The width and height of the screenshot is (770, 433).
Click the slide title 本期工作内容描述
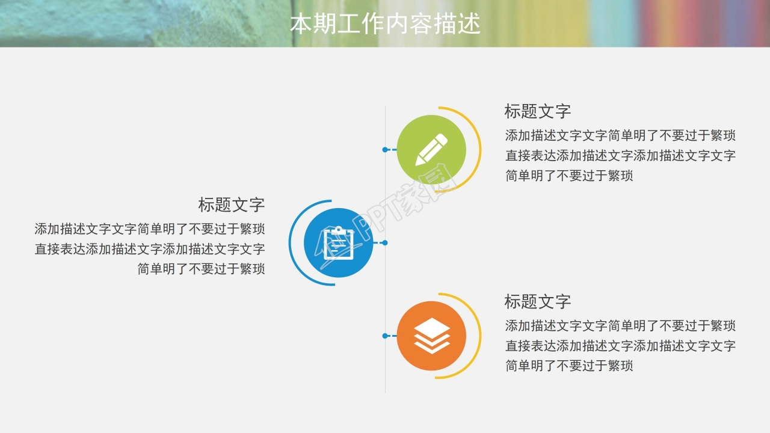coord(385,24)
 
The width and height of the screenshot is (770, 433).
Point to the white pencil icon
coord(432,149)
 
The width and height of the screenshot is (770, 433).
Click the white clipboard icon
coord(338,243)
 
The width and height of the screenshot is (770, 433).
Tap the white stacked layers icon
coord(432,336)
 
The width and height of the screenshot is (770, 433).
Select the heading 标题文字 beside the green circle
coord(537,111)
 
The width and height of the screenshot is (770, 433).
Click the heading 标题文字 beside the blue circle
coord(232,204)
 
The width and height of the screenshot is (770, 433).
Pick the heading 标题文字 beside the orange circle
coord(537,301)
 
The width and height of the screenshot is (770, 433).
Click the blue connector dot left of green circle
coord(385,149)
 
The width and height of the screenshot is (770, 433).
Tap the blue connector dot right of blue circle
coord(385,243)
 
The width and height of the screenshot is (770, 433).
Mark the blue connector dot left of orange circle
coord(385,336)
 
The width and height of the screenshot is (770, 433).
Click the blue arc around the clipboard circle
coord(291,243)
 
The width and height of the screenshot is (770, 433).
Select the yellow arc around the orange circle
coord(479,336)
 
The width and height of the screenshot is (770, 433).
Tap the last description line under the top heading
coord(569,176)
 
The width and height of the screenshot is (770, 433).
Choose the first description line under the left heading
coord(150,229)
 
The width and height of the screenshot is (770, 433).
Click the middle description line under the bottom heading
coord(620,346)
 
